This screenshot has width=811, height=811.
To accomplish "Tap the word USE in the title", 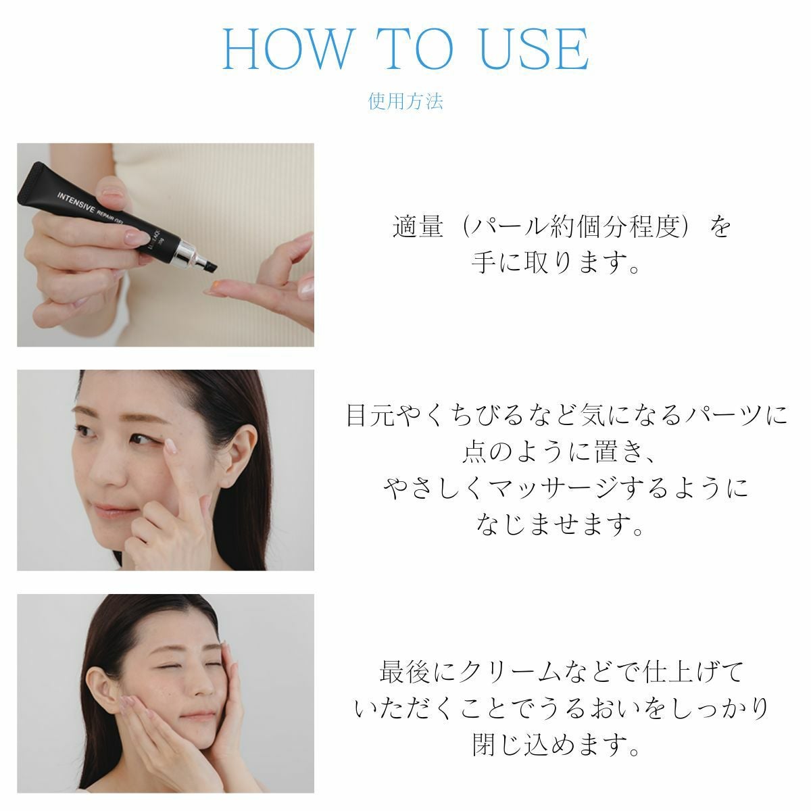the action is click(x=534, y=49).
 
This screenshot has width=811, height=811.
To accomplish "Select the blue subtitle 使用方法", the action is click(x=405, y=101).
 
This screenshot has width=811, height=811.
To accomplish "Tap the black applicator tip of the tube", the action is click(x=208, y=264).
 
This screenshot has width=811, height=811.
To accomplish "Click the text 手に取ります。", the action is click(x=556, y=263).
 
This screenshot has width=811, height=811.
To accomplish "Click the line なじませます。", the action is click(x=560, y=525).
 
